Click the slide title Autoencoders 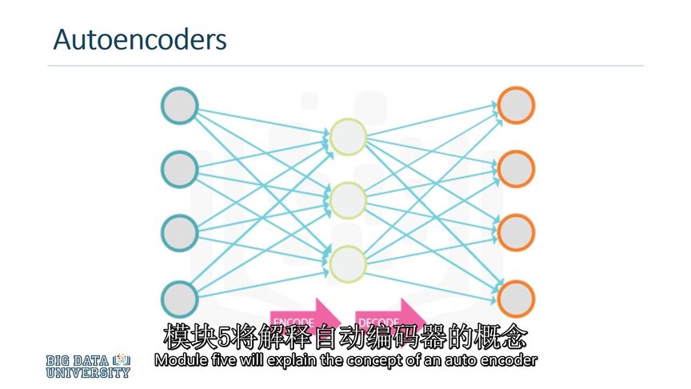pyautogui.click(x=139, y=39)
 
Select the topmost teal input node pyautogui.click(x=180, y=105)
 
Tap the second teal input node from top pyautogui.click(x=180, y=168)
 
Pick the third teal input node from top pyautogui.click(x=180, y=231)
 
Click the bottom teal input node pyautogui.click(x=180, y=297)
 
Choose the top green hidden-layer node pyautogui.click(x=348, y=137)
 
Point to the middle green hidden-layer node pyautogui.click(x=348, y=199)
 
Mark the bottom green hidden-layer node pyautogui.click(x=348, y=263)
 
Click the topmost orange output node pyautogui.click(x=515, y=105)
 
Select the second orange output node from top pyautogui.click(x=515, y=168)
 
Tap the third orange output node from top pyautogui.click(x=515, y=231)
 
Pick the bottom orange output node pyautogui.click(x=515, y=297)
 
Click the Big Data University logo pyautogui.click(x=88, y=365)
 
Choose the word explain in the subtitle pyautogui.click(x=286, y=360)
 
